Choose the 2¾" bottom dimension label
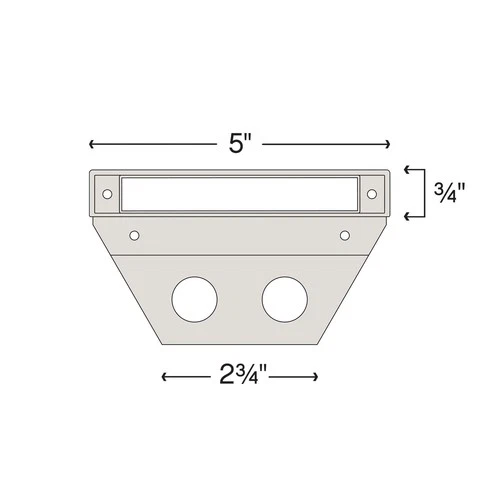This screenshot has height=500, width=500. tap(240, 377)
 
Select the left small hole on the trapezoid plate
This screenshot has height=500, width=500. tap(134, 236)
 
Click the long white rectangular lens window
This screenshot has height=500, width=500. tap(238, 192)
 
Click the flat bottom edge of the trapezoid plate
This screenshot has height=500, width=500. tap(240, 344)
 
